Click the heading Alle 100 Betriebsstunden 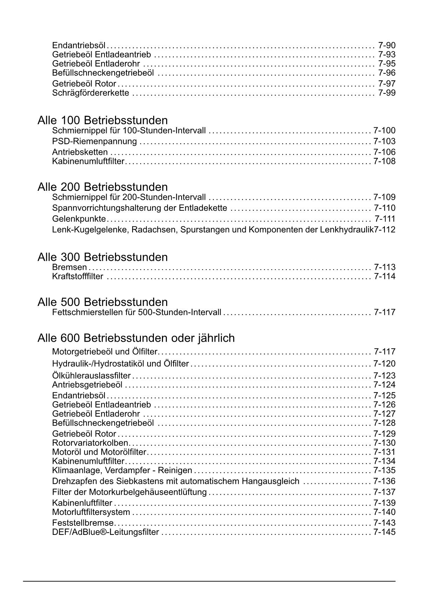pos(102,120)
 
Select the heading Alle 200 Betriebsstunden pos(102,187)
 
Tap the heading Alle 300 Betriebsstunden pos(102,257)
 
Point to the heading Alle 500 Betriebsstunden pos(102,302)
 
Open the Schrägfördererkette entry pos(90,93)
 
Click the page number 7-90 pos(387,45)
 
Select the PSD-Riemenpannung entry pos(94,141)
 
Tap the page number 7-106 pos(384,152)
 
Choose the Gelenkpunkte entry pos(79,219)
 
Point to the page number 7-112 pos(385,230)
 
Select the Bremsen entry pos(69,267)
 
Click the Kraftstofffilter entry pos(77,277)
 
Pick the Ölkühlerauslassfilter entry pos(91,376)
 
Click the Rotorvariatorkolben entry pos(90,443)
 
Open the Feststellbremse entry pos(83,523)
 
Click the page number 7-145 pos(384,532)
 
